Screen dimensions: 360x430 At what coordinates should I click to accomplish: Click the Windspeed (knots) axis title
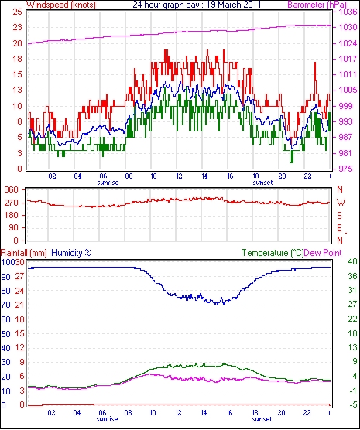[61, 5]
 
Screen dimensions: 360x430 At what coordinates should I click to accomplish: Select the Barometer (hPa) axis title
[317, 5]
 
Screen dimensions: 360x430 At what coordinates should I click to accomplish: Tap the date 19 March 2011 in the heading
[233, 5]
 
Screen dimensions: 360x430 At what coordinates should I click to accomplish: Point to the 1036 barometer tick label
[348, 12]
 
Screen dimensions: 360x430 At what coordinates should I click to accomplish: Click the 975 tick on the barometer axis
[346, 169]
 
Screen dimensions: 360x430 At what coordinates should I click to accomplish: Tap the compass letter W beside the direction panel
[341, 203]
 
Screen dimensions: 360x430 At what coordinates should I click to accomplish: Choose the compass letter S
[339, 216]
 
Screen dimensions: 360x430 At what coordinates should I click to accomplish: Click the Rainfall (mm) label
[24, 253]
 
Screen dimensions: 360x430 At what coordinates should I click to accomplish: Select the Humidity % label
[71, 253]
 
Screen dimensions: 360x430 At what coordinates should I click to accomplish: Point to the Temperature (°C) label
[273, 253]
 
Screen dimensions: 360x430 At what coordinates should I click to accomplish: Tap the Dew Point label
[323, 253]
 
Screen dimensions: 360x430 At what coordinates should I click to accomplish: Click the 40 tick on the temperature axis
[352, 261]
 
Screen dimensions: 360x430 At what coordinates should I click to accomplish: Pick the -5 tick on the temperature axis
[352, 404]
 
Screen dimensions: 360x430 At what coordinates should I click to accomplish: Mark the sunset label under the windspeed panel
[262, 183]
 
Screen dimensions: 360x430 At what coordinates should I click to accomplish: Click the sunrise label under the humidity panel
[108, 419]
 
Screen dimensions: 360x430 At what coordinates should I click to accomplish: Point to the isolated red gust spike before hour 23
[315, 80]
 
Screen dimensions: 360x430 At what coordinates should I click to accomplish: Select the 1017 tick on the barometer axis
[348, 59]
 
